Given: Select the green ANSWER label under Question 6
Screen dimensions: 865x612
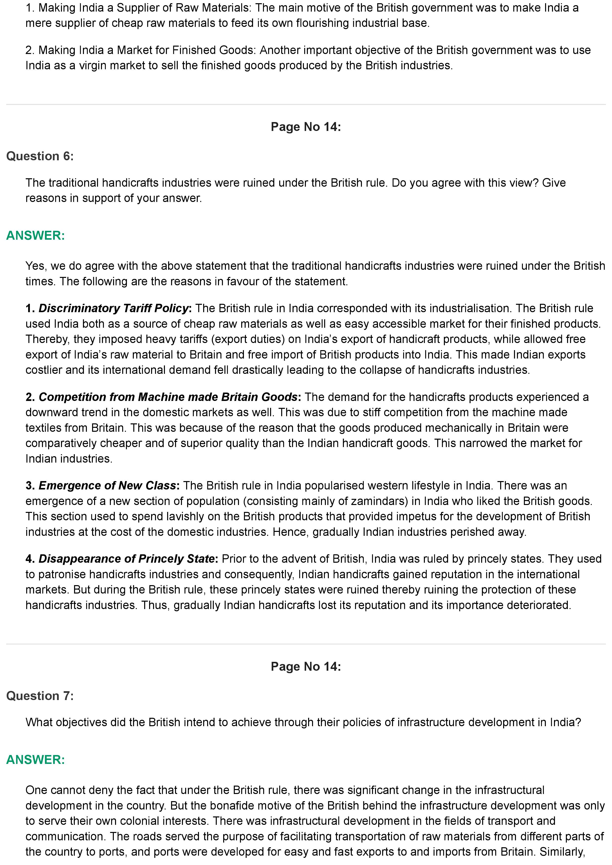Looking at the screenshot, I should pyautogui.click(x=36, y=235).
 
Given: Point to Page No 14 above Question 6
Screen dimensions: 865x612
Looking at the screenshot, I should pyautogui.click(x=305, y=127).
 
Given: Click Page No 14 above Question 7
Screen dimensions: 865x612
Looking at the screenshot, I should pyautogui.click(x=305, y=667).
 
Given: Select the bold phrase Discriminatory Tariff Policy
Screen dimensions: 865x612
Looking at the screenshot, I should pyautogui.click(x=113, y=308).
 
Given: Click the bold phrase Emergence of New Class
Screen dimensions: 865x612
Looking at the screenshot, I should pyautogui.click(x=107, y=486).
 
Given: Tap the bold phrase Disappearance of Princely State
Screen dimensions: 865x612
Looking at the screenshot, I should pyautogui.click(x=127, y=559).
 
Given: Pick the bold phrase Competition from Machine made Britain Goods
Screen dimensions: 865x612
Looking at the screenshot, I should pyautogui.click(x=168, y=397).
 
